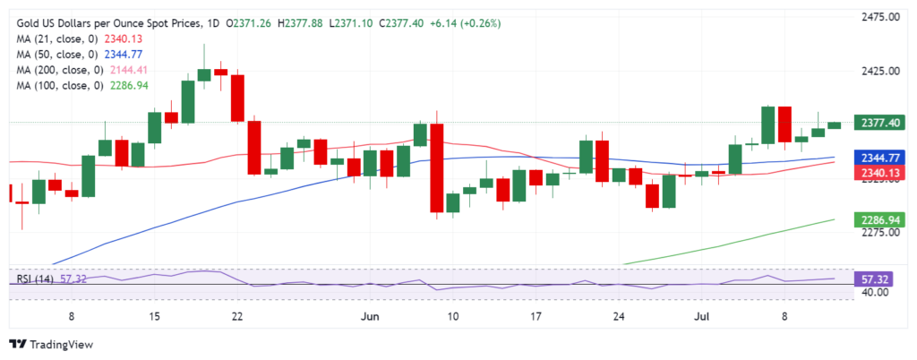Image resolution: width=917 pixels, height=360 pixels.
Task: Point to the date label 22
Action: [x=237, y=316]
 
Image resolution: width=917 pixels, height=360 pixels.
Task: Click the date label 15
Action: [x=155, y=316]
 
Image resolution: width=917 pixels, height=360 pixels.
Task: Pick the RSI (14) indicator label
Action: [x=33, y=279]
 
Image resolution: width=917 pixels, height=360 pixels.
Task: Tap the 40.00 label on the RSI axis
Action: [x=876, y=292]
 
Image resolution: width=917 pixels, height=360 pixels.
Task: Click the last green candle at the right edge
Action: [x=835, y=124]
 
